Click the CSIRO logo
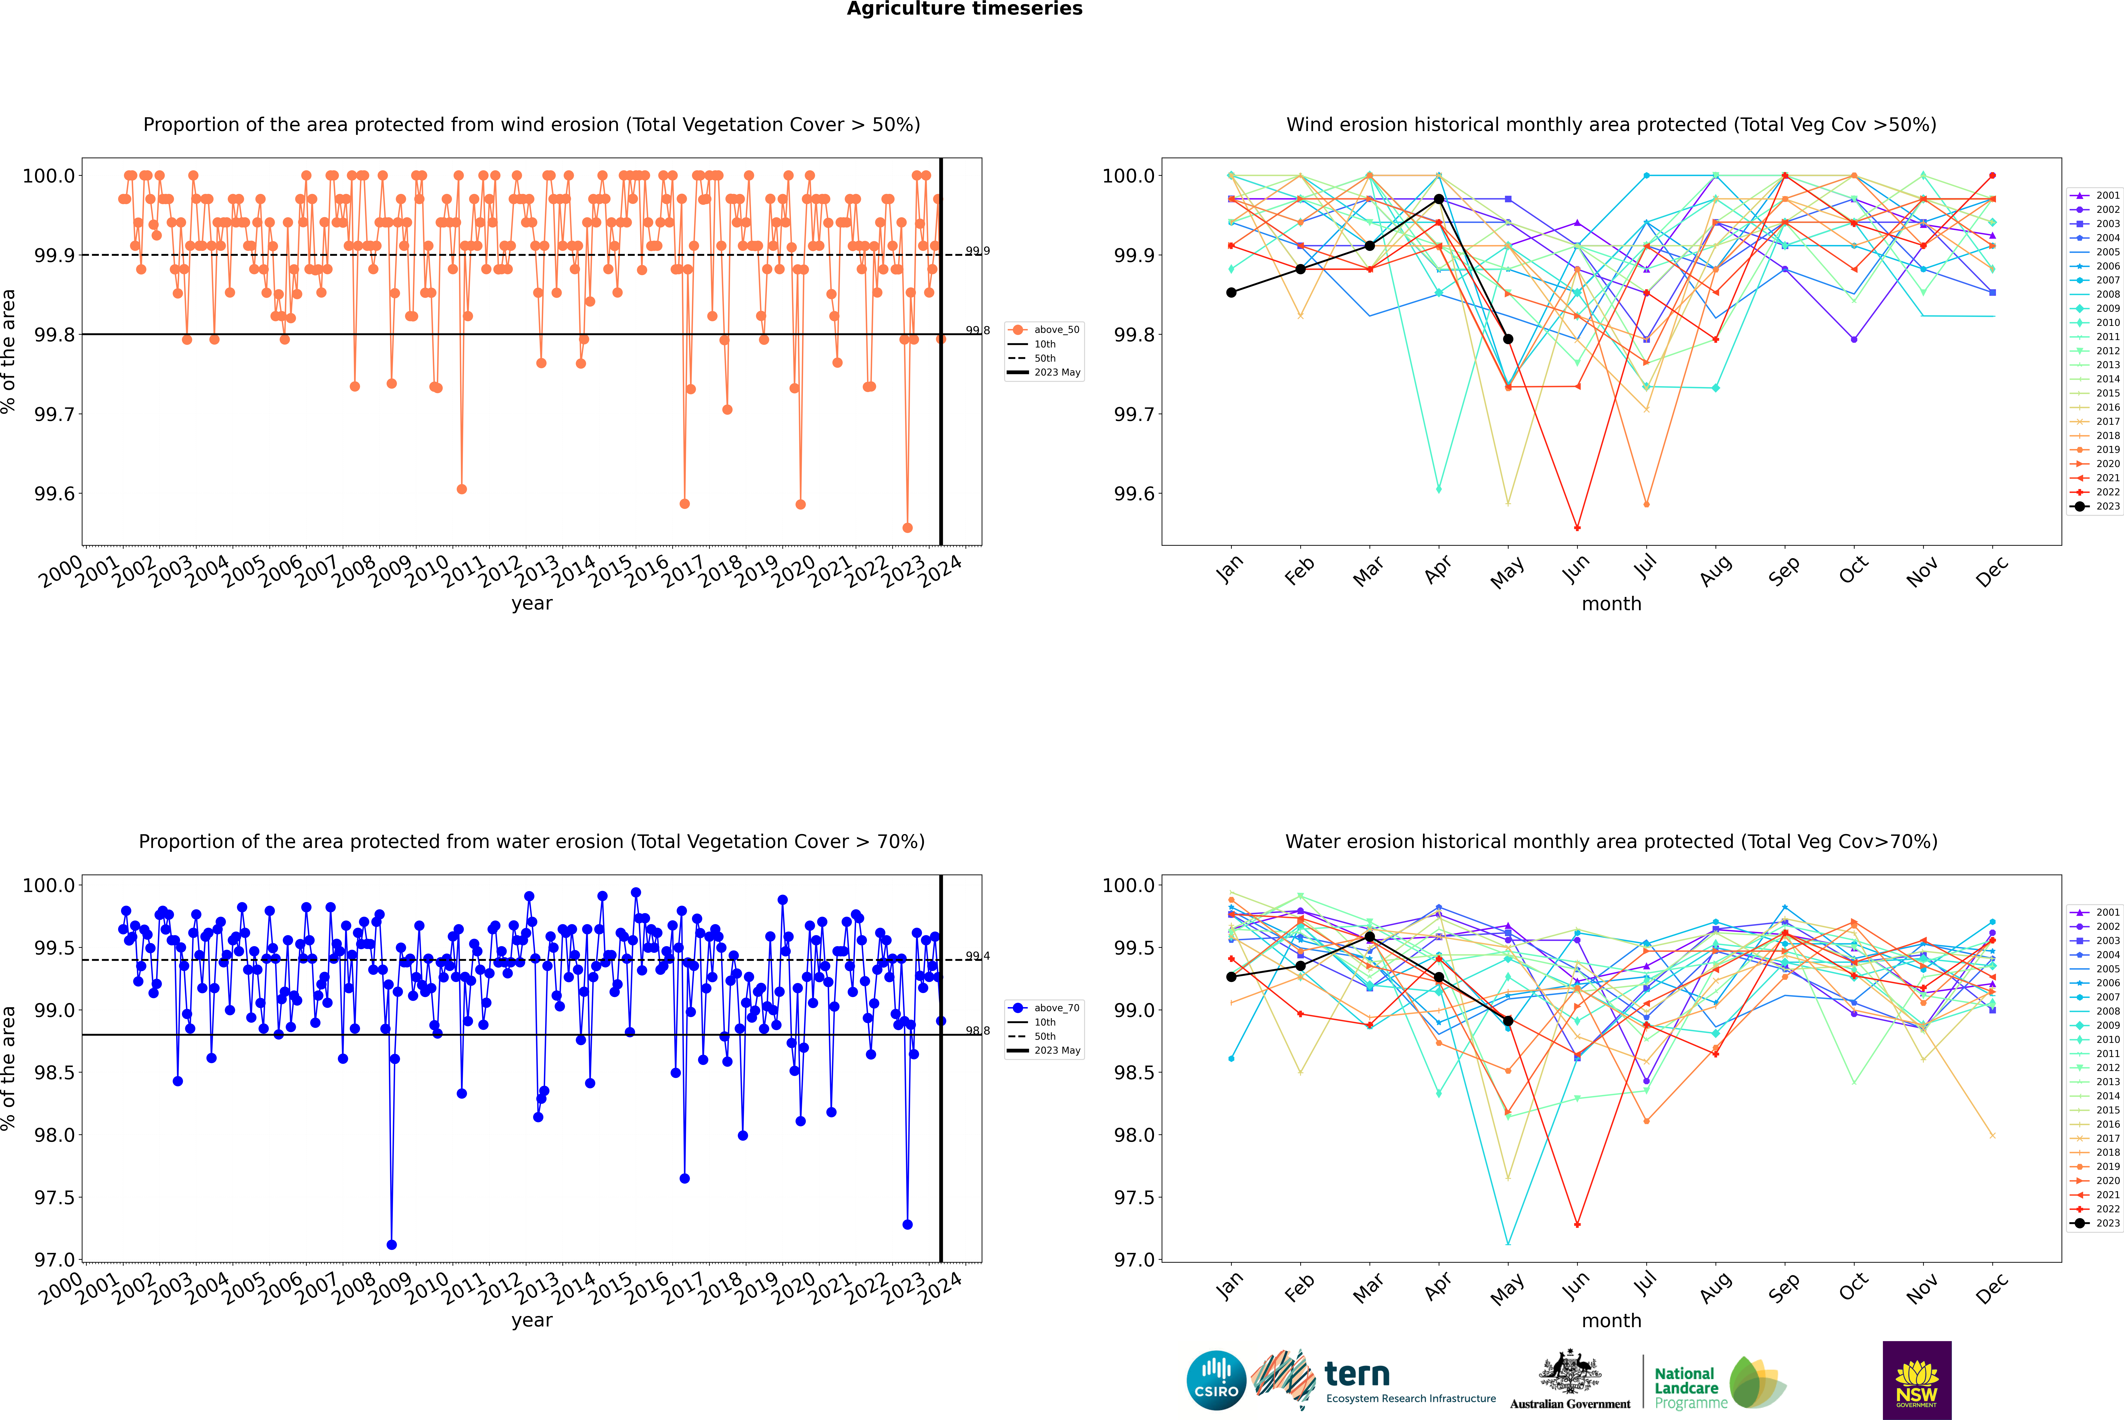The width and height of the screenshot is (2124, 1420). tap(1216, 1380)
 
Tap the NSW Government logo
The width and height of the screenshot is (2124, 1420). tap(1917, 1380)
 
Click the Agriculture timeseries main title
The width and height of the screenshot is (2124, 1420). tap(964, 9)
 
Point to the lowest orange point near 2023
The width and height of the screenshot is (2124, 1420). tap(907, 528)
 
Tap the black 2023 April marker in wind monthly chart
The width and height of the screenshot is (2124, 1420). tap(1439, 199)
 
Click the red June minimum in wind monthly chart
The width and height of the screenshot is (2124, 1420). tap(1577, 528)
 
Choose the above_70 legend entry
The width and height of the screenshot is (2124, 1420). tap(1044, 1008)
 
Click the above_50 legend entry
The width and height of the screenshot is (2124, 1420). tap(1044, 330)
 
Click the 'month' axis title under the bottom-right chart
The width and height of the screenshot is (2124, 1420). tap(1611, 1320)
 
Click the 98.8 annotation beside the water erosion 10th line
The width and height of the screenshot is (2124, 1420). tap(978, 1031)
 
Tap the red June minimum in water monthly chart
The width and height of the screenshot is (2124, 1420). tap(1577, 1224)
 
